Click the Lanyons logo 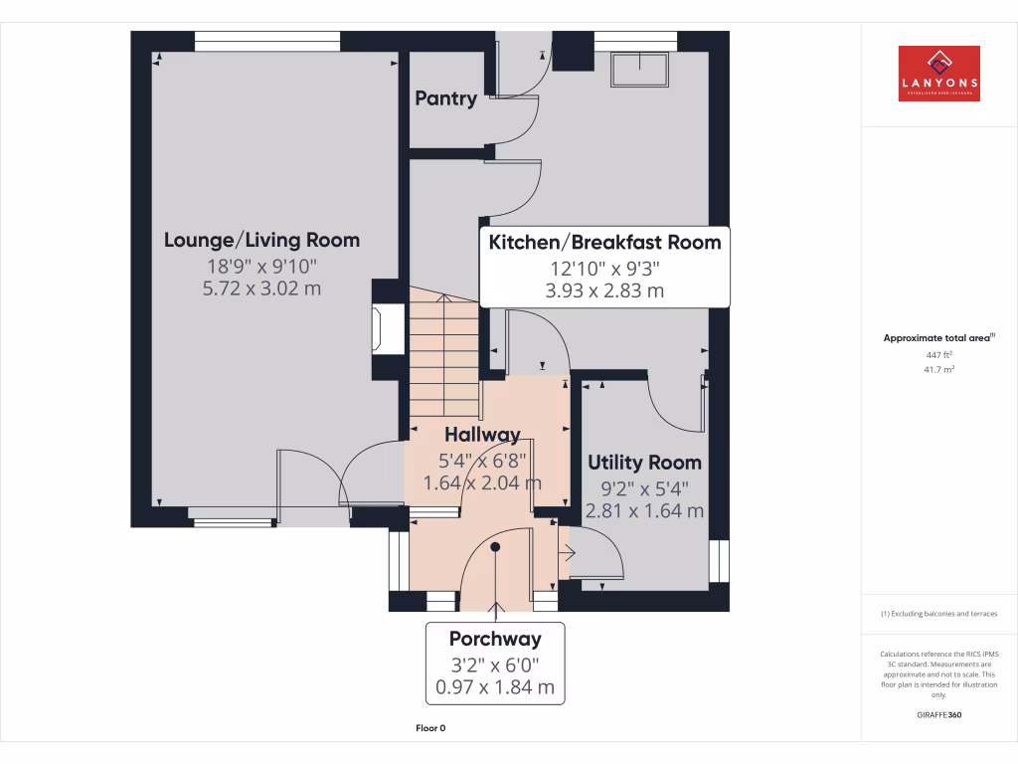tap(938, 74)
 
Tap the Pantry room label tap(445, 98)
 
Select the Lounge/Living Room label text tap(261, 240)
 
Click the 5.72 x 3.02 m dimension tap(261, 288)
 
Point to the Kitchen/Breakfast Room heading tap(604, 242)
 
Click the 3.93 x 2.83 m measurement tap(604, 291)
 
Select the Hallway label tap(482, 435)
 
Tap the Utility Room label tap(644, 463)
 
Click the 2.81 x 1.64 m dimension tap(644, 510)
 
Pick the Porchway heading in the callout tap(495, 639)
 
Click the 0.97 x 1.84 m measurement tap(495, 687)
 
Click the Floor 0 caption tap(430, 728)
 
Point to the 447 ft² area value tap(938, 354)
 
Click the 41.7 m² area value tap(938, 369)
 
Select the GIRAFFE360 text tap(938, 714)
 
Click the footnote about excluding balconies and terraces tap(938, 614)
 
